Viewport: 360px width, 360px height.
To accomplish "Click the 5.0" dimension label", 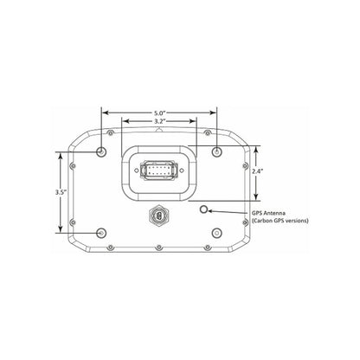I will [160, 112].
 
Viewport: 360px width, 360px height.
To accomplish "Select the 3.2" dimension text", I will [160, 122].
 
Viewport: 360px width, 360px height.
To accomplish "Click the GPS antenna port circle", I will [204, 210].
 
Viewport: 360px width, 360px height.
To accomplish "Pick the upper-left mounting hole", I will [103, 152].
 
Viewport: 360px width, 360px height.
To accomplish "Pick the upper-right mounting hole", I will [216, 152].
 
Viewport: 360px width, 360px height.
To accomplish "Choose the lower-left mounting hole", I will [103, 232].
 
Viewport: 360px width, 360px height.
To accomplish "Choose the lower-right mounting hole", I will [216, 232].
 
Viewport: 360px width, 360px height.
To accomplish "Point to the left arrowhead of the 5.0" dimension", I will [105, 112].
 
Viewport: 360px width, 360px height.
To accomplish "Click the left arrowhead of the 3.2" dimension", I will [125, 122].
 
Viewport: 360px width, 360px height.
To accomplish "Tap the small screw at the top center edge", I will [160, 131].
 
